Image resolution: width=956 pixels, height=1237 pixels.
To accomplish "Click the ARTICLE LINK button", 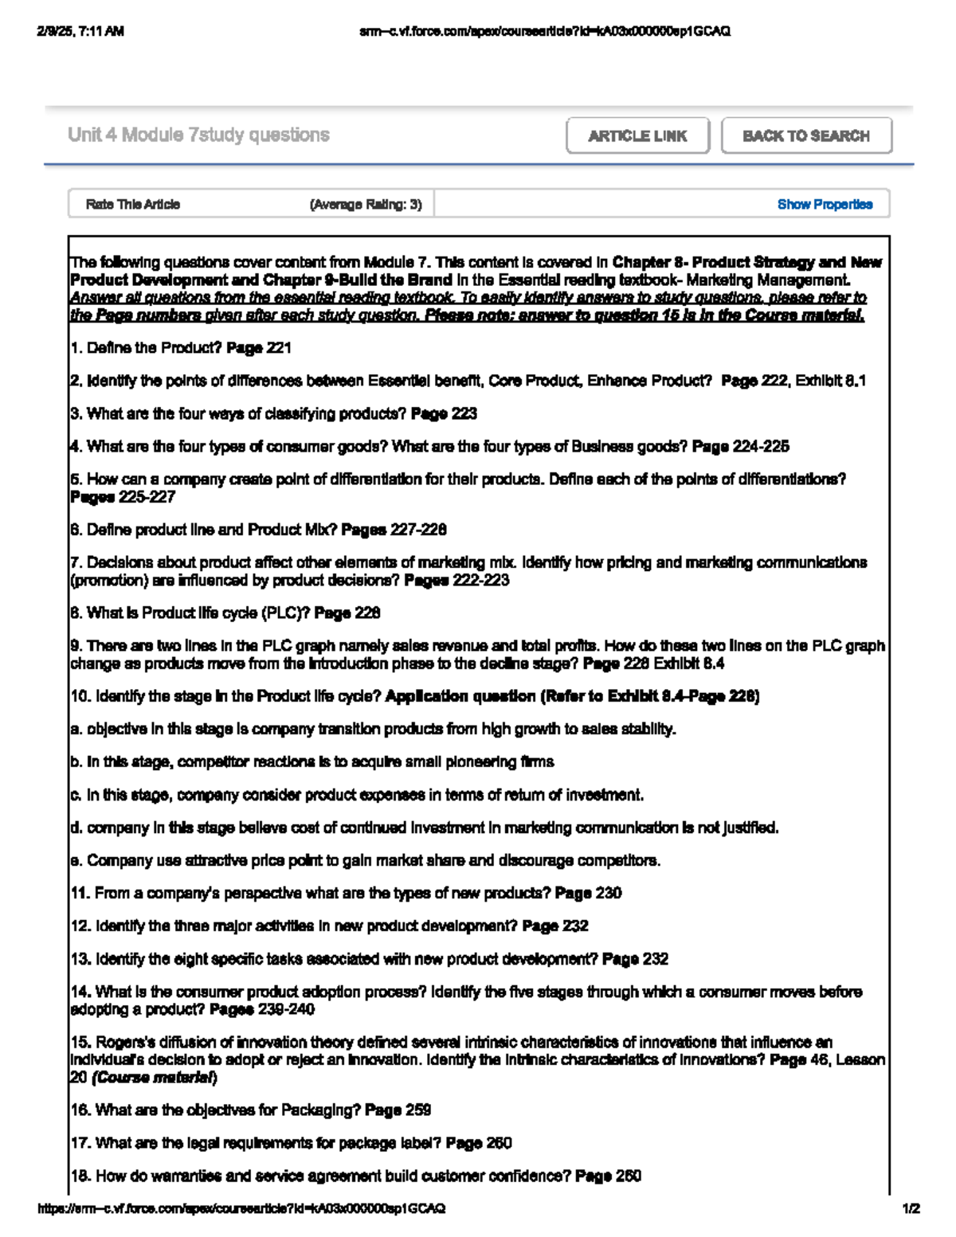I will (637, 136).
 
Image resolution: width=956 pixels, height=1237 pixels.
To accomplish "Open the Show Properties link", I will (825, 205).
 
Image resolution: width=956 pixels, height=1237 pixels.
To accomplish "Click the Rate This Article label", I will (133, 205).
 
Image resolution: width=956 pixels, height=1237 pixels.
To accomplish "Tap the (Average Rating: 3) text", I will (366, 205).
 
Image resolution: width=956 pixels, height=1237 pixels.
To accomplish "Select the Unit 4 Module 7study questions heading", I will (198, 135).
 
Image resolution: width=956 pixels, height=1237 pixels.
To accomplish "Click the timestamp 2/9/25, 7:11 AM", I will (80, 32).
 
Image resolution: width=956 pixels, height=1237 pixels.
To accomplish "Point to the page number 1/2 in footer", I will (911, 1208).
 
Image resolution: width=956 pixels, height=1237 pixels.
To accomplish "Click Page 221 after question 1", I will (259, 348).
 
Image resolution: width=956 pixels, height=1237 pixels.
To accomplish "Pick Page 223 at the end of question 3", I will (444, 413).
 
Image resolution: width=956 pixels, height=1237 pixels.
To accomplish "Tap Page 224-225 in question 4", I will (741, 446).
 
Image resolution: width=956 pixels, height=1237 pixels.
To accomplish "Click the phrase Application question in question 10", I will (460, 696).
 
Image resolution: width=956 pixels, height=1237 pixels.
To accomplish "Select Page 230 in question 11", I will (588, 893).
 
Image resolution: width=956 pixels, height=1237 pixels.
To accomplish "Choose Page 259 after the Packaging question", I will (398, 1110).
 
